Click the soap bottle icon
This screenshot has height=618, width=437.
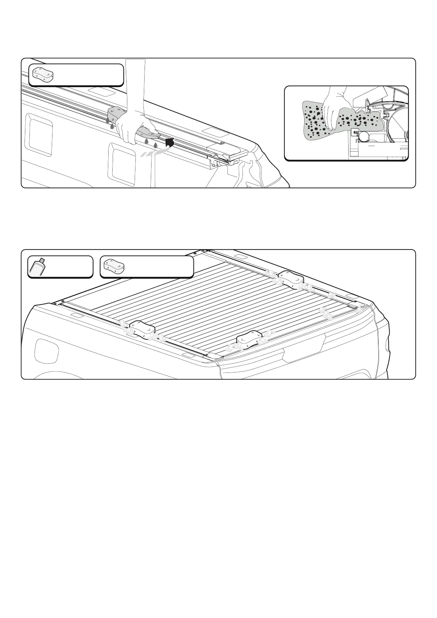[37, 266]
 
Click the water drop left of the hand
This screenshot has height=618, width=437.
[108, 121]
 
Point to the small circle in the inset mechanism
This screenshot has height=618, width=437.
[364, 137]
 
